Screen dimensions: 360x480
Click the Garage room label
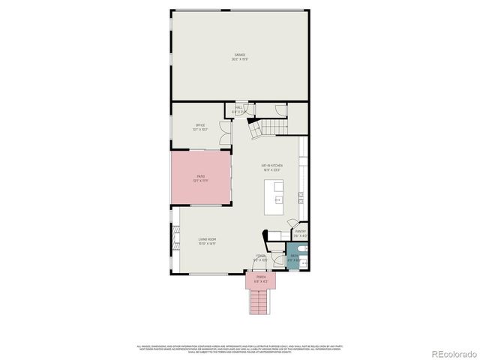click(240, 56)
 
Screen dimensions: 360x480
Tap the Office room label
click(200, 126)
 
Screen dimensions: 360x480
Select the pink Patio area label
click(200, 177)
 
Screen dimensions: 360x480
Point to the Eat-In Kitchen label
click(271, 166)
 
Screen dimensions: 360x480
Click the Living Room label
click(208, 241)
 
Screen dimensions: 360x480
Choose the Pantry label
click(300, 233)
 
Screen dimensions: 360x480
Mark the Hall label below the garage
click(239, 109)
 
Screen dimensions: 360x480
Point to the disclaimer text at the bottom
click(240, 348)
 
